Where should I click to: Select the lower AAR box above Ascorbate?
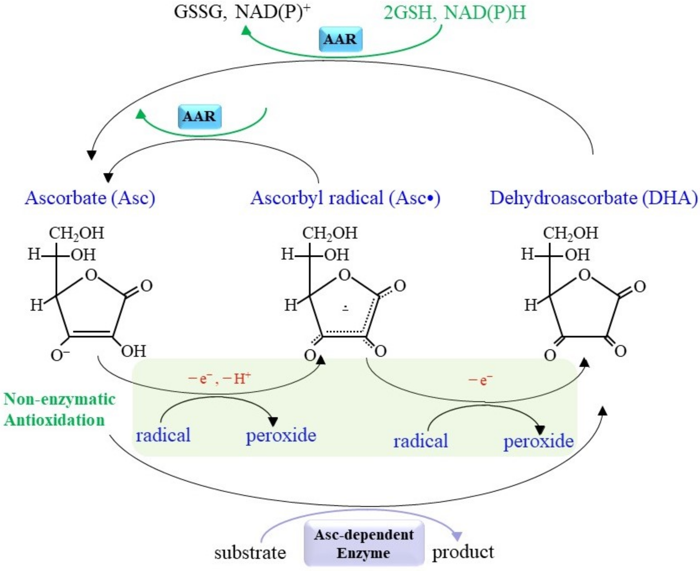(199, 117)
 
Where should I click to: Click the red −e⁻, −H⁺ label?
(219, 379)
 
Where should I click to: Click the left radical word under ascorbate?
(163, 435)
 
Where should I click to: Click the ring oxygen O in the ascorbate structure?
(91, 275)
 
